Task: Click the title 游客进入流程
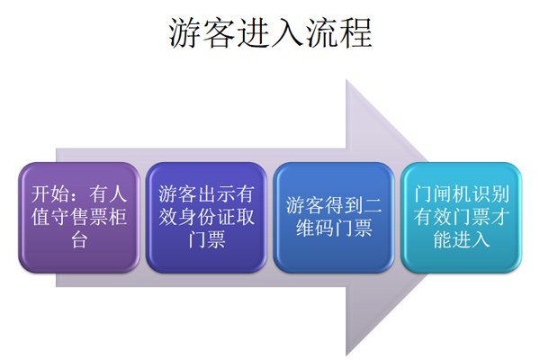pyautogui.click(x=271, y=33)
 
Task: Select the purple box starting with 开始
pyautogui.click(x=79, y=218)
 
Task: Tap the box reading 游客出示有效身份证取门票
pyautogui.click(x=207, y=218)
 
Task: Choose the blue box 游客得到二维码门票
pyautogui.click(x=334, y=218)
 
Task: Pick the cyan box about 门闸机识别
pyautogui.click(x=462, y=218)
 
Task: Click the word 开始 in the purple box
pyautogui.click(x=49, y=194)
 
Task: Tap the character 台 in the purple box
pyautogui.click(x=79, y=239)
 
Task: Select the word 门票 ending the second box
pyautogui.click(x=207, y=239)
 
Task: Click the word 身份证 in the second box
pyautogui.click(x=207, y=217)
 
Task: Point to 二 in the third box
pyautogui.click(x=373, y=206)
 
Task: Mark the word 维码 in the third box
pyautogui.click(x=315, y=229)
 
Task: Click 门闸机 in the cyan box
pyautogui.click(x=442, y=194)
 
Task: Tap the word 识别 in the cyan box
pyautogui.click(x=490, y=194)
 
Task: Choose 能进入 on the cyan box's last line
pyautogui.click(x=462, y=239)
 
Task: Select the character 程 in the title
pyautogui.click(x=356, y=33)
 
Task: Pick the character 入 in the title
pyautogui.click(x=288, y=33)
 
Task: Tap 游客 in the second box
pyautogui.click(x=177, y=194)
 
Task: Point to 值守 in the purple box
pyautogui.click(x=50, y=217)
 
